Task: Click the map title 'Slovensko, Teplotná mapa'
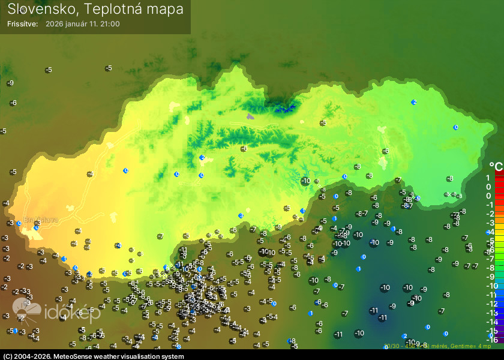95,9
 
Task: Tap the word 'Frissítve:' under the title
23,24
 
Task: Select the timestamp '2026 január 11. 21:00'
83,24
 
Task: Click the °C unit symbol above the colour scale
496,166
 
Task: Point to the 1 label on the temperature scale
488,178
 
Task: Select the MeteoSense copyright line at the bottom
92,356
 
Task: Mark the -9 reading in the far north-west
10,83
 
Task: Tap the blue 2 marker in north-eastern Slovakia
414,103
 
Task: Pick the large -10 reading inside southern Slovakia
306,181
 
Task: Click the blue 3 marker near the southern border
241,215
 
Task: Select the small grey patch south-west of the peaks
251,117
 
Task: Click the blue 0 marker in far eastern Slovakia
455,127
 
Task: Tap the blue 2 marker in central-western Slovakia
202,157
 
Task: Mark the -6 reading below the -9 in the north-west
13,103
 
